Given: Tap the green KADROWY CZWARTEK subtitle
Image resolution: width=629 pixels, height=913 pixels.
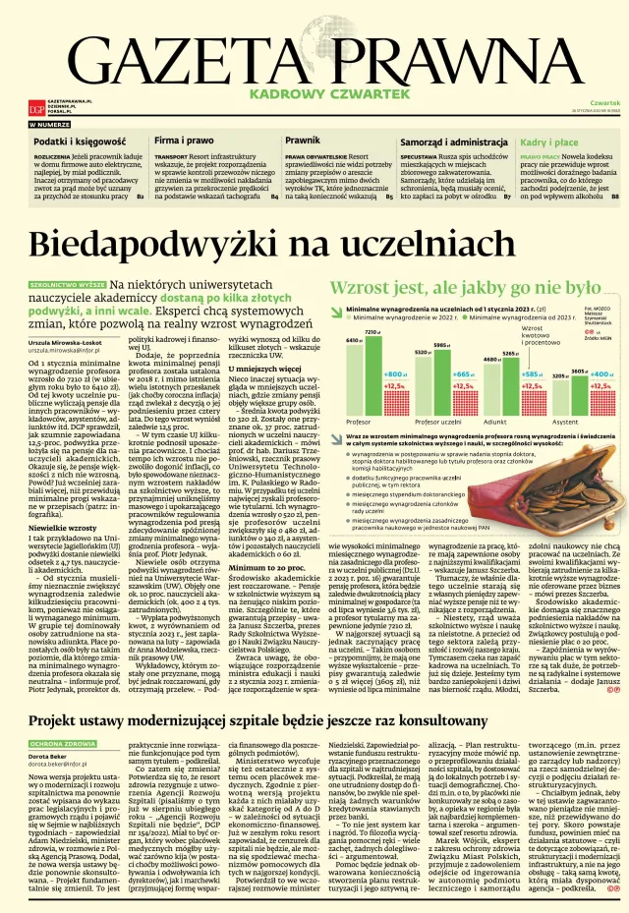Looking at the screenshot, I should pos(314,93).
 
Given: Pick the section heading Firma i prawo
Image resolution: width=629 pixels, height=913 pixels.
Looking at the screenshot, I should pos(185,143).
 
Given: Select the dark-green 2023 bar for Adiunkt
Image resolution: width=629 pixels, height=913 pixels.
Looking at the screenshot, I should pos(511,383).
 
